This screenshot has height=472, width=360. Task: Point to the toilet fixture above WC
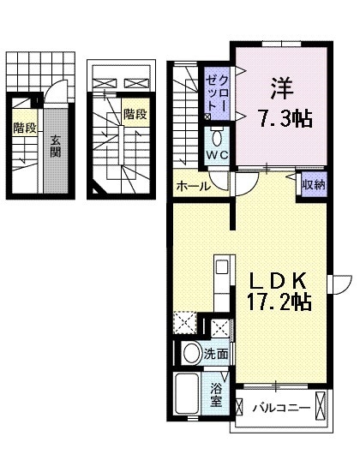click(x=215, y=136)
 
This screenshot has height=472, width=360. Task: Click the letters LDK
click(x=276, y=281)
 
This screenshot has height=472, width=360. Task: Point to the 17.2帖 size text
click(x=277, y=302)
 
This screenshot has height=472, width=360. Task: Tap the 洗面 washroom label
click(x=216, y=353)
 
